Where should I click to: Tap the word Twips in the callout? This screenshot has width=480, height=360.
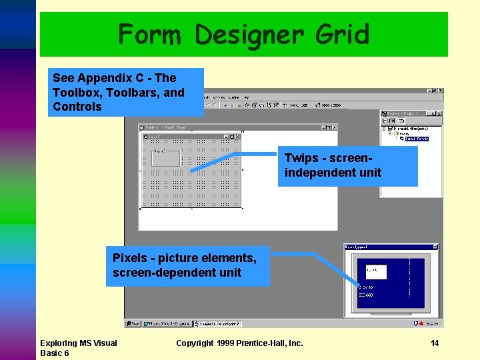(x=300, y=158)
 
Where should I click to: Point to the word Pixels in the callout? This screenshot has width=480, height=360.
(x=130, y=258)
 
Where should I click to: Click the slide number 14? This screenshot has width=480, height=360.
(x=434, y=343)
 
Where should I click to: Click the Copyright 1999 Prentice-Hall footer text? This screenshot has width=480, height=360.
(x=239, y=343)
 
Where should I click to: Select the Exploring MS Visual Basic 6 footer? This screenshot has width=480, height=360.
(x=78, y=348)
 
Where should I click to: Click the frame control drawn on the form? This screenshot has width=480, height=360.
(x=166, y=158)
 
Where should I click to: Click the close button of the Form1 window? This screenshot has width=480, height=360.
(x=237, y=137)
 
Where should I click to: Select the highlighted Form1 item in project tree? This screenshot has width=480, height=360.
(x=417, y=139)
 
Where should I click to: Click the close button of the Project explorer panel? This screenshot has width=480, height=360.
(x=439, y=114)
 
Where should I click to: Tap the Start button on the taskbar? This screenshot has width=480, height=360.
(x=133, y=323)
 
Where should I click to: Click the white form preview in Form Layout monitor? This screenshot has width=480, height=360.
(x=375, y=272)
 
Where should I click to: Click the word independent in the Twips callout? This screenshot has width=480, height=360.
(x=317, y=173)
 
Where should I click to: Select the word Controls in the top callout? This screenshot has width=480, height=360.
(x=77, y=107)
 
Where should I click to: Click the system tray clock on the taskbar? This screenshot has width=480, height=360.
(x=433, y=323)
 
